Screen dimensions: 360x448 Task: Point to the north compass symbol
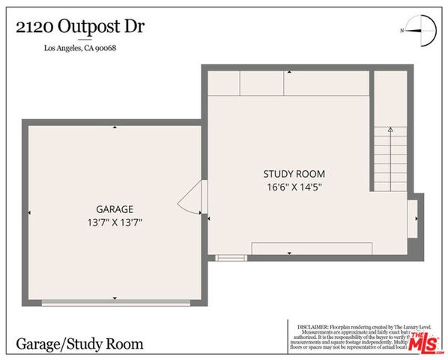tap(419, 30)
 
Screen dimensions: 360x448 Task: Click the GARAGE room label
tap(115, 209)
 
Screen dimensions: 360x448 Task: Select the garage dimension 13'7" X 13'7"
tap(115, 222)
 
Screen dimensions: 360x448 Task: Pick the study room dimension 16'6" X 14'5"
tap(288, 187)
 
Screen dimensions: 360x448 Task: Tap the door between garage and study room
tap(190, 198)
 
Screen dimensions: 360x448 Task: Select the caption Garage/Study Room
tap(79, 344)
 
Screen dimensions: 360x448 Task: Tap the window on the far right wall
tap(414, 216)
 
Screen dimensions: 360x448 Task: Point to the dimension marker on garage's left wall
tap(28, 213)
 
